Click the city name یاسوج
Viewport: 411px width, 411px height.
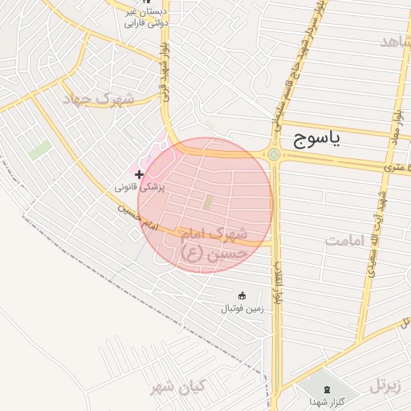(x=312, y=140)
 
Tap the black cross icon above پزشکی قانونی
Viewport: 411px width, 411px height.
(x=140, y=173)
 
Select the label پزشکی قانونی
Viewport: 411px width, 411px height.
(x=140, y=187)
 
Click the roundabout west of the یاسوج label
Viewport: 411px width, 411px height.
(x=275, y=154)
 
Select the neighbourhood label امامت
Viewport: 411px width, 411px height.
(x=346, y=241)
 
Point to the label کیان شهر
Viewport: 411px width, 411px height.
(x=177, y=388)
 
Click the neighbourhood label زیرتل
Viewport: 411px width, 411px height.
(x=389, y=385)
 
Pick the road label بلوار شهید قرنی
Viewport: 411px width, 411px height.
(x=165, y=74)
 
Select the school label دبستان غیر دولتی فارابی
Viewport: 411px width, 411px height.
(x=144, y=18)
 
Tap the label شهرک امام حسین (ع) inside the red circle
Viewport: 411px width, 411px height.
(x=212, y=244)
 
